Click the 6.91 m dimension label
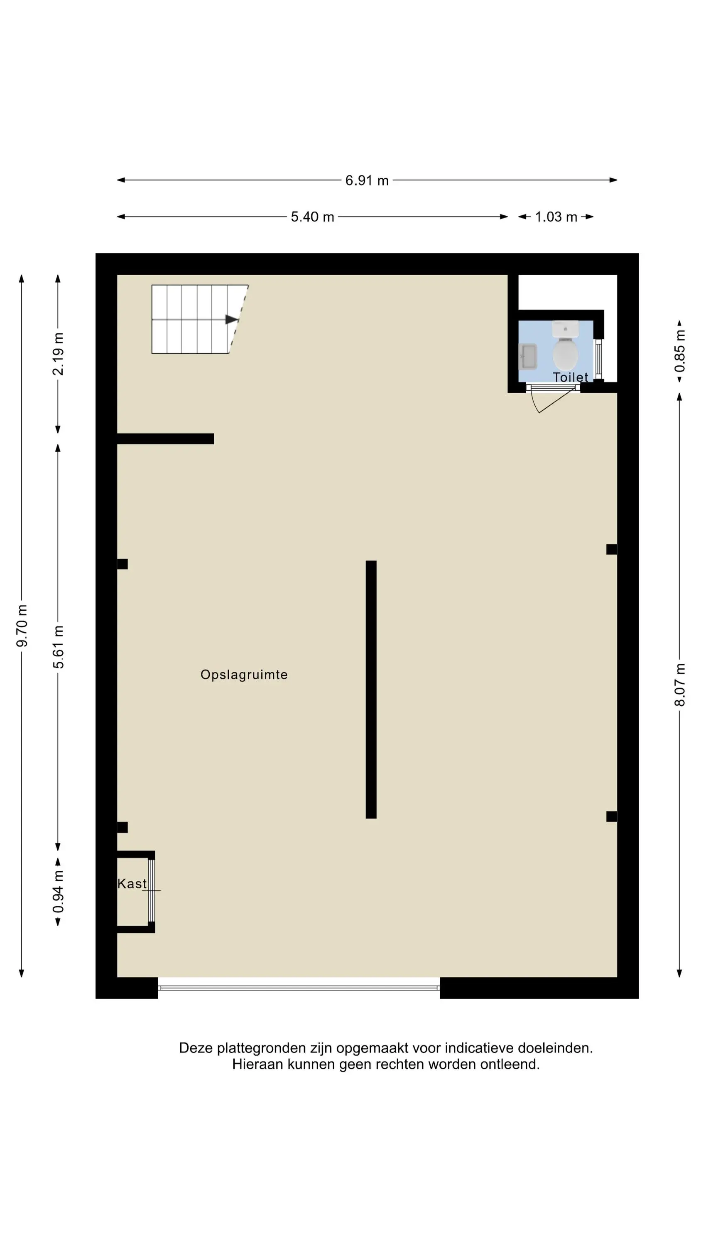[x=367, y=180]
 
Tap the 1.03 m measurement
[x=556, y=217]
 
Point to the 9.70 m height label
[x=22, y=626]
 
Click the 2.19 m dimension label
[x=58, y=354]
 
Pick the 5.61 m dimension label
[x=58, y=647]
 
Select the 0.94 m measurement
[x=58, y=892]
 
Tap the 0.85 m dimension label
[x=680, y=351]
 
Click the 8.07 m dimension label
[x=680, y=685]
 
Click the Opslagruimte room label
[x=244, y=675]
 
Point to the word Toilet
[x=570, y=377]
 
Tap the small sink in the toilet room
[x=528, y=356]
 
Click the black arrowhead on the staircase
[x=232, y=320]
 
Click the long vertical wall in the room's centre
[x=371, y=689]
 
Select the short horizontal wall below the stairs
[x=165, y=439]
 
